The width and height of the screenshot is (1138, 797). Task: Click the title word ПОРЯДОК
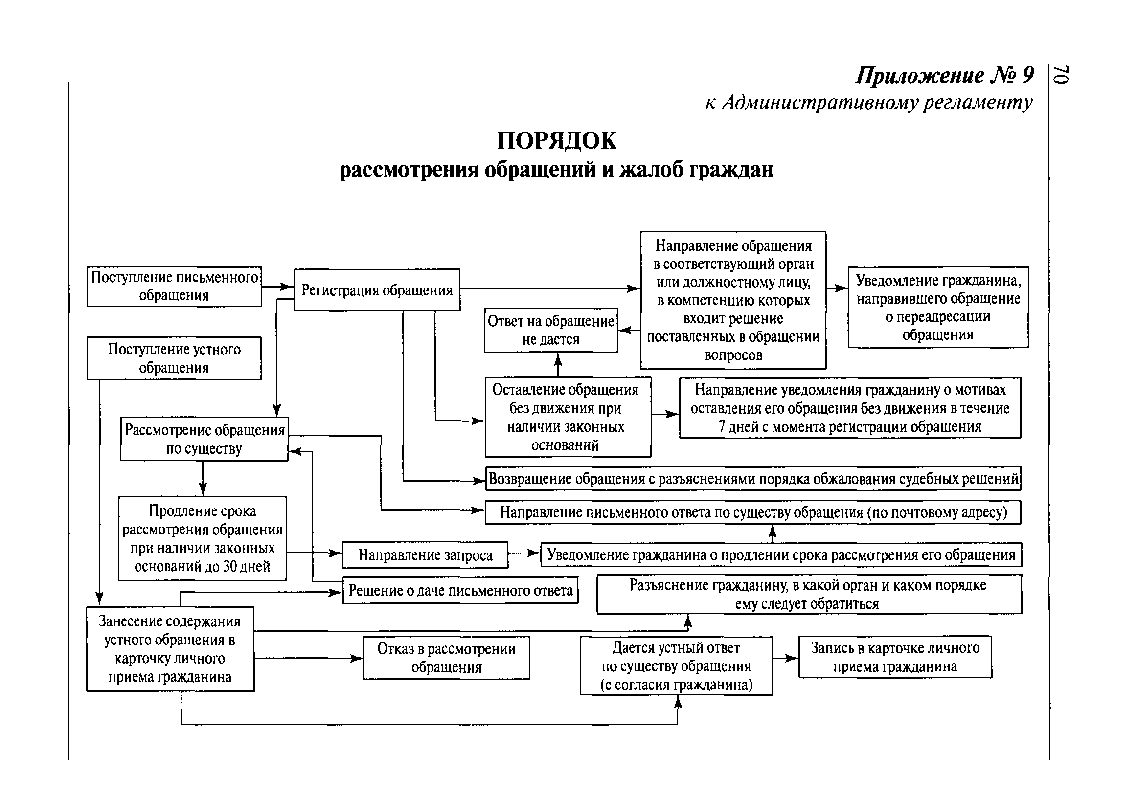(x=556, y=141)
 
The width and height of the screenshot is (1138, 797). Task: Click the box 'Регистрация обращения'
(x=377, y=290)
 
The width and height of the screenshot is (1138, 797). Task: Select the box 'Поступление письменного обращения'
(x=174, y=287)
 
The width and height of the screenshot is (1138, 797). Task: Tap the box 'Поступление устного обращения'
(x=174, y=358)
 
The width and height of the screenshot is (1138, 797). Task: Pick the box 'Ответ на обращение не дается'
(x=551, y=330)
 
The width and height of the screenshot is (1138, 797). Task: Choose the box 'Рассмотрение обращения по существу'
(x=204, y=439)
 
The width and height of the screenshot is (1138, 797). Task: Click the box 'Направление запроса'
(x=425, y=555)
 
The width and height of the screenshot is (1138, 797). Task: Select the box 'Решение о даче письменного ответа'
(x=460, y=590)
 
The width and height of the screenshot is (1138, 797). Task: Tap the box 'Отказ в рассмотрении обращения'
(x=446, y=657)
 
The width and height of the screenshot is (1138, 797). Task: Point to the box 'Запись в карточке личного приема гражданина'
(x=895, y=657)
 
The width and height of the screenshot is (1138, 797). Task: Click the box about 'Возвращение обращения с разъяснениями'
(x=753, y=479)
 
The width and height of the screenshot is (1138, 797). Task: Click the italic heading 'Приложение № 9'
(x=945, y=75)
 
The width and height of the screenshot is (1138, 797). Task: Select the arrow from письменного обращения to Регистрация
(x=277, y=287)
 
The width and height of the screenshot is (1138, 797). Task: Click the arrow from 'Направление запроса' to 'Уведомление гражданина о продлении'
(x=524, y=553)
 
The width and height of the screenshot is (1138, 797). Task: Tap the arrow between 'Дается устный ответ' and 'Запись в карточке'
(x=786, y=658)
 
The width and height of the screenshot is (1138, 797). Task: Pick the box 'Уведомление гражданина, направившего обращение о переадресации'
(x=938, y=307)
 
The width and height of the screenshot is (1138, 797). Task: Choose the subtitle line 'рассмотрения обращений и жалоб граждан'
(x=556, y=170)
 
